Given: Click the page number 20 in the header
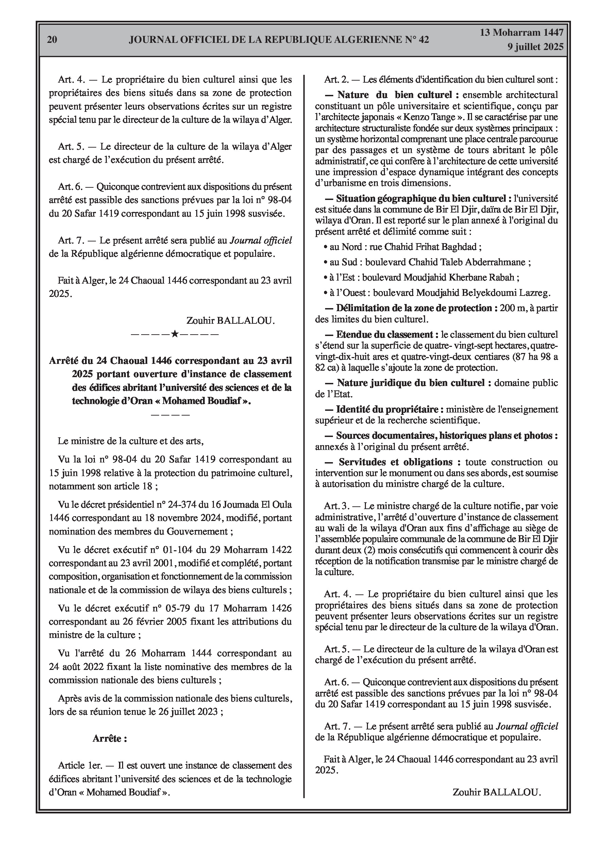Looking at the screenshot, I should coord(52,40).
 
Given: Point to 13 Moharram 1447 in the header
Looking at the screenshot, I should coord(521,33).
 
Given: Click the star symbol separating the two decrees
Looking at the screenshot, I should coord(174,333).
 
